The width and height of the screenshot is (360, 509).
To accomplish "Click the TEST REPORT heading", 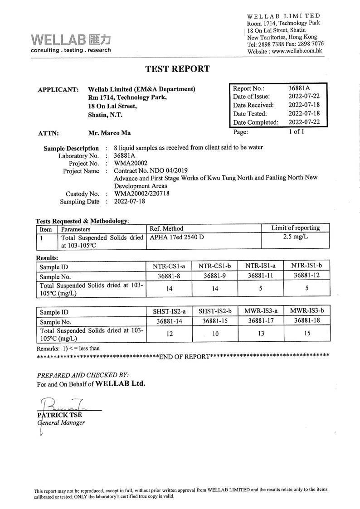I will coord(177,69).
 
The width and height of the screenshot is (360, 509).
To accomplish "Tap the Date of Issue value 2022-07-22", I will coord(304,97).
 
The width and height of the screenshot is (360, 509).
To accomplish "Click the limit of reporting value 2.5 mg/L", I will coord(295,237).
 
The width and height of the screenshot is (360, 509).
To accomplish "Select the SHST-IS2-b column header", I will coord(215,311).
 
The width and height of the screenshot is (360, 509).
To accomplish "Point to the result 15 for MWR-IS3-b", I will coord(307,333).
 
